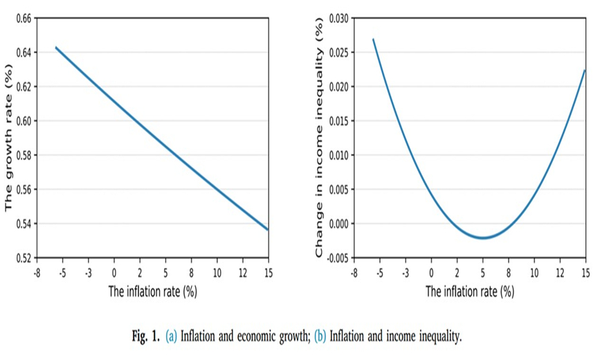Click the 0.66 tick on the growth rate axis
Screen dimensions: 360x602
(24, 18)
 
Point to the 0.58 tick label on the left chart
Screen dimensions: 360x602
(24, 155)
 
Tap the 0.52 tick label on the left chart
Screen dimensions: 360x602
(24, 258)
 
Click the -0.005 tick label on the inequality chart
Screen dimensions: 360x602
(337, 258)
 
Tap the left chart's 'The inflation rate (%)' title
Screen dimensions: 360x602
(153, 291)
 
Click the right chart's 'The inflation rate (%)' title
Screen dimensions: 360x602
(470, 291)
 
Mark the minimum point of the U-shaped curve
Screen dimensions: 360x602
(483, 238)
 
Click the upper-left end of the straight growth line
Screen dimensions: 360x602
(56, 47)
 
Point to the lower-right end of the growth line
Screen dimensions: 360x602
(267, 229)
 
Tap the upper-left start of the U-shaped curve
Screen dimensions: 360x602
(373, 39)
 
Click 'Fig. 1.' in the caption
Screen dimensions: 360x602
(146, 337)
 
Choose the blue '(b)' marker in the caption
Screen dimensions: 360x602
(320, 337)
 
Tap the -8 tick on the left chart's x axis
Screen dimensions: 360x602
(37, 272)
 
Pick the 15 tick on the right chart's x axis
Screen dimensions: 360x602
(585, 272)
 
